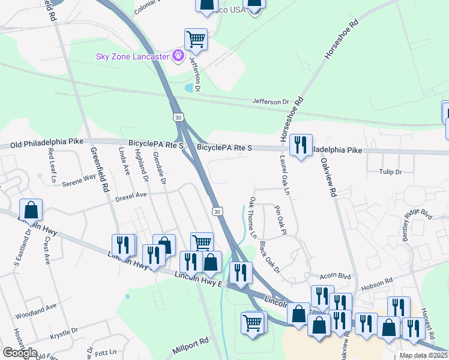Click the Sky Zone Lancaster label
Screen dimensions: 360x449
coord(133,56)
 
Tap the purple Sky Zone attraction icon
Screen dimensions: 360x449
coord(178,56)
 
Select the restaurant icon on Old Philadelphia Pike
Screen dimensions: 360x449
coord(300,145)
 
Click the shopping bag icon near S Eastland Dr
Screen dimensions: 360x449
coord(31,210)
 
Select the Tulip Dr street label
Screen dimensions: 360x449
coord(390,172)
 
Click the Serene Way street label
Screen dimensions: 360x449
coord(80,178)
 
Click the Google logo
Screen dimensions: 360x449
coord(20,353)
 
